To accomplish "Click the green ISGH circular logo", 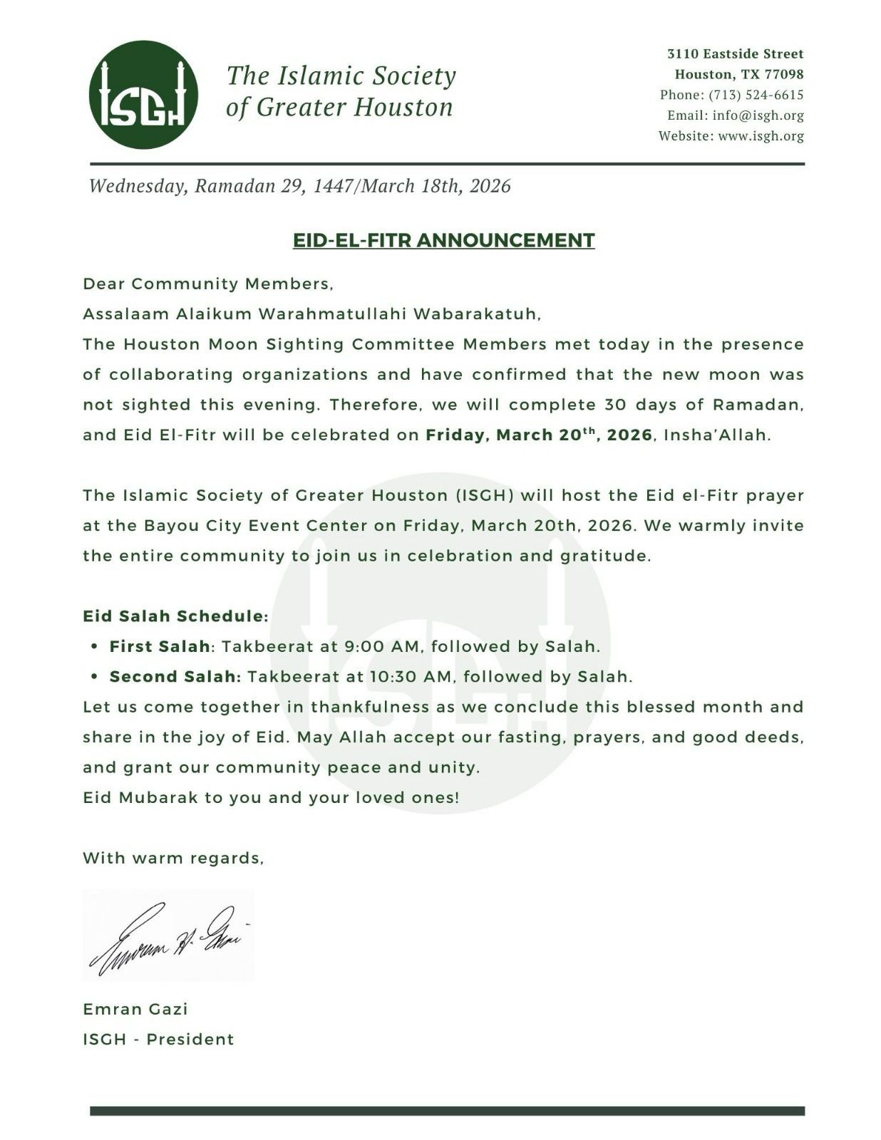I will (143, 95).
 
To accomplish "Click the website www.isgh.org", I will (761, 136).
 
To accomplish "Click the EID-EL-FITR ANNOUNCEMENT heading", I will (443, 240).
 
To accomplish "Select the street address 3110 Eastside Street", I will (735, 53).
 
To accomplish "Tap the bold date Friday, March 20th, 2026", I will (539, 435).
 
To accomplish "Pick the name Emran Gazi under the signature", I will (135, 1009).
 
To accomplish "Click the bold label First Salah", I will (160, 646).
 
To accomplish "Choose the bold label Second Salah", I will (175, 677).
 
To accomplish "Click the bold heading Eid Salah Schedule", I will (175, 616).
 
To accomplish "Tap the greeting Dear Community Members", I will (207, 284).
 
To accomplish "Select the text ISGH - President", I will (158, 1039).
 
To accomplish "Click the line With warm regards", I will (173, 858).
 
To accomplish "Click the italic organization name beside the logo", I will (341, 91).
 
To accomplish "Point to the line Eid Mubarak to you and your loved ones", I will (271, 797).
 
